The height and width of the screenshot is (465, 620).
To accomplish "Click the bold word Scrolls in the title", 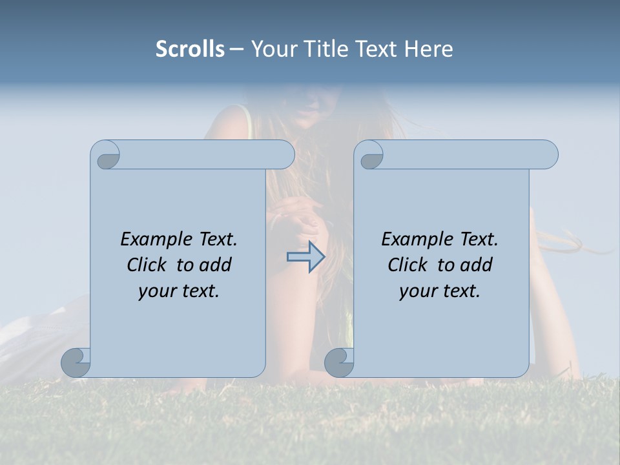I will (190, 49).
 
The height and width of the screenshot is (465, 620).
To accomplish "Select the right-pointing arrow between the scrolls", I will (305, 257).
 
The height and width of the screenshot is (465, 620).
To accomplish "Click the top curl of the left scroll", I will (107, 155).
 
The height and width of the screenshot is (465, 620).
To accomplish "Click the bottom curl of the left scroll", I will (76, 363).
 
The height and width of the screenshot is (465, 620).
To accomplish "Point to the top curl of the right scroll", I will (370, 156).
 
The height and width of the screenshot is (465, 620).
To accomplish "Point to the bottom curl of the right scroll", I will (339, 363).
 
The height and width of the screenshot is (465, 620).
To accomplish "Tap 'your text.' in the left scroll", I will (179, 291).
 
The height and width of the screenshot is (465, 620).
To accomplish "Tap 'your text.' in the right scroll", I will (440, 291).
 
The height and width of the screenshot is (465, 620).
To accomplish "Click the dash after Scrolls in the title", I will (236, 49).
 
